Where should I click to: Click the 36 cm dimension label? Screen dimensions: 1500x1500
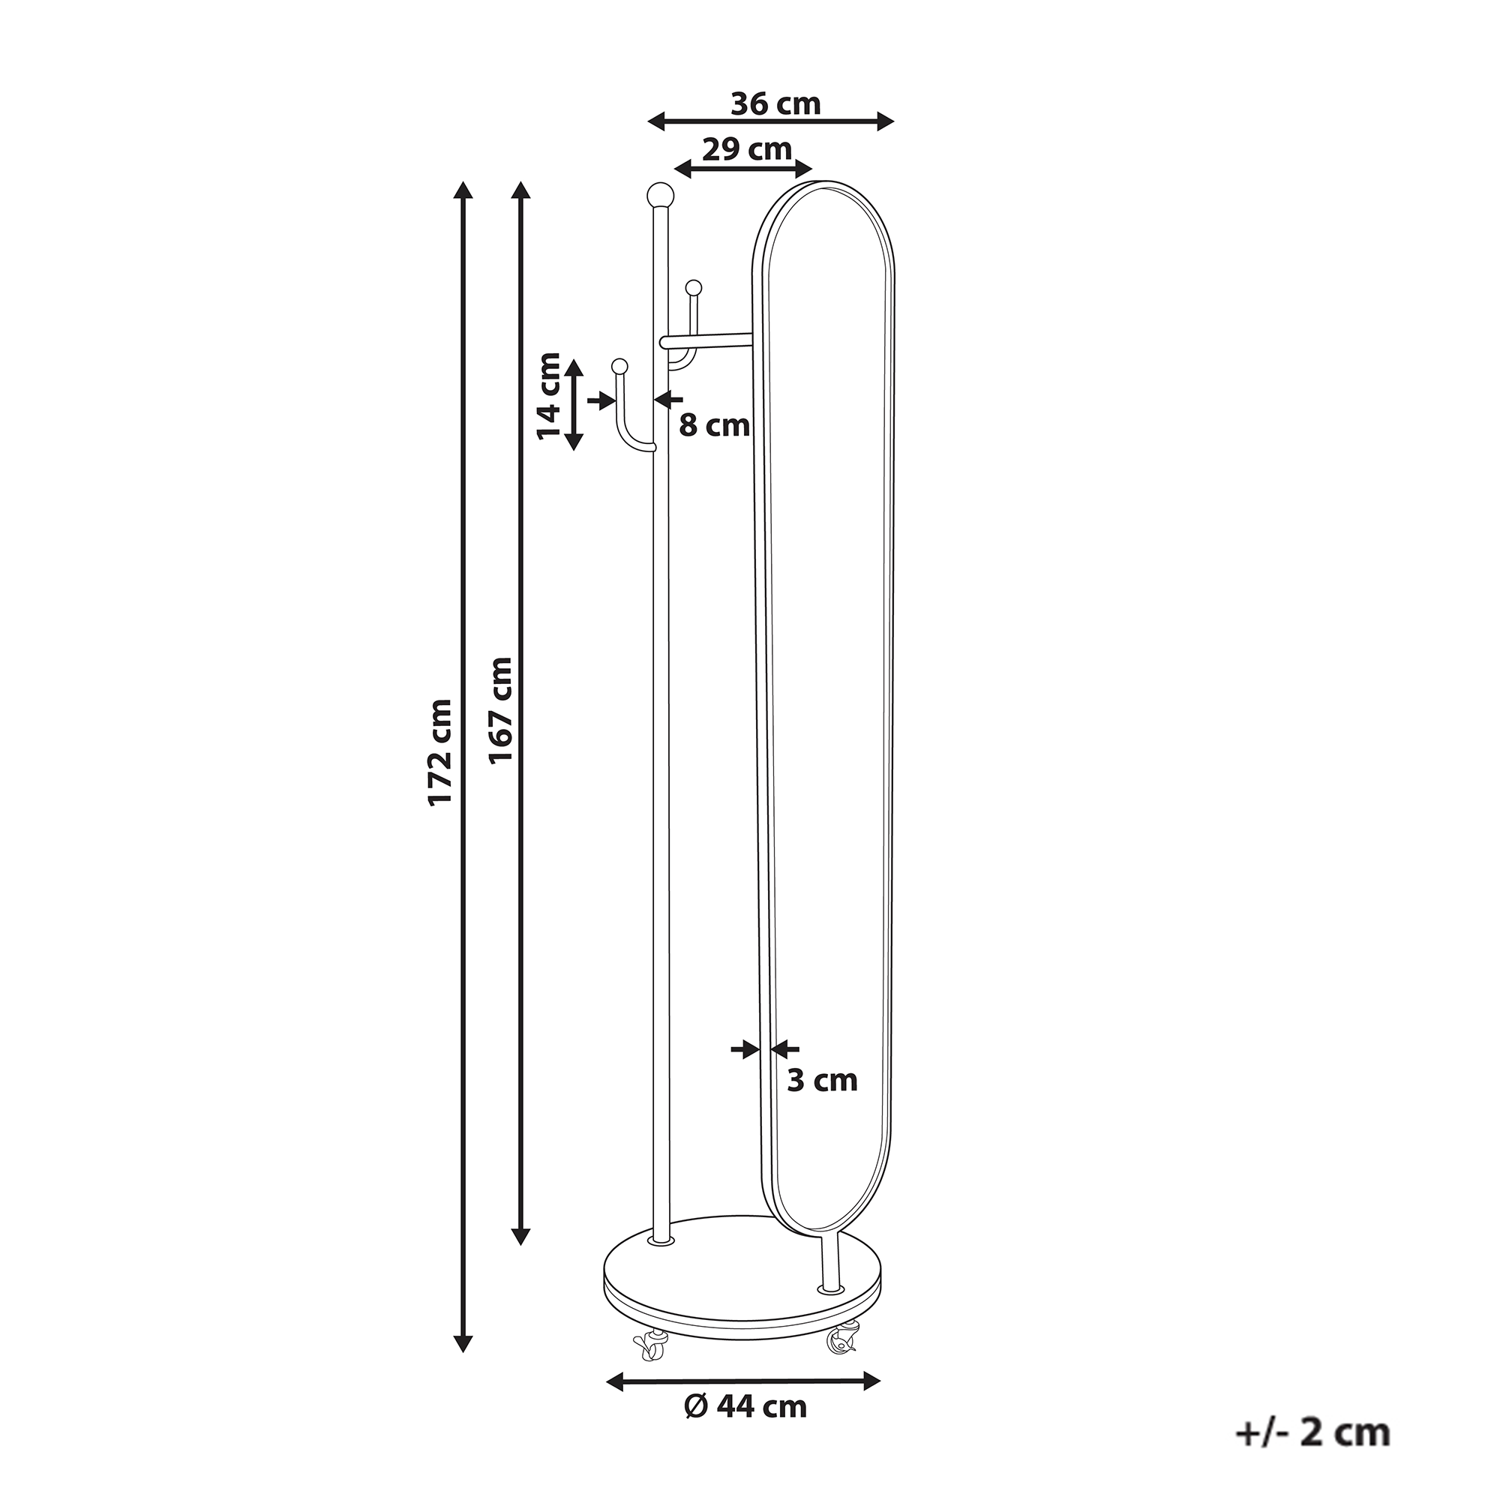(x=775, y=104)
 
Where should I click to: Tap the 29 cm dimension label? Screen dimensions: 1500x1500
(x=747, y=149)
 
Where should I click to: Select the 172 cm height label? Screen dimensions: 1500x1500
(x=441, y=752)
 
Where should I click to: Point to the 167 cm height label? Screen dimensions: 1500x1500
(x=501, y=710)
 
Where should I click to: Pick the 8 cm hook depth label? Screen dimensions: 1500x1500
(x=714, y=425)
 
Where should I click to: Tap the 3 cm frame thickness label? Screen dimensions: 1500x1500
(x=822, y=1080)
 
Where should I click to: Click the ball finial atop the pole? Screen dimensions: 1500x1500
(x=660, y=193)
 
